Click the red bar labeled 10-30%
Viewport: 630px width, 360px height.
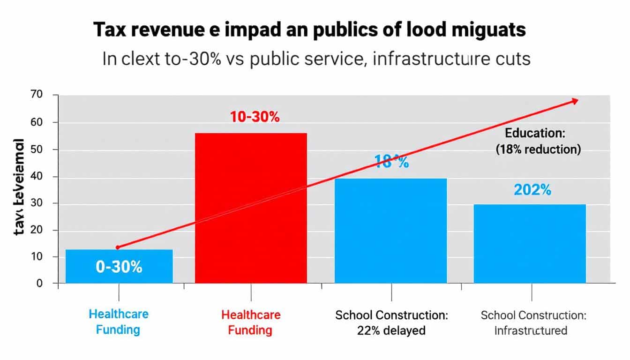click(251, 208)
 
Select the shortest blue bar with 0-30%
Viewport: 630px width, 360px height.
click(119, 266)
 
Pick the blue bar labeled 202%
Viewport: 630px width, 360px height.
click(530, 244)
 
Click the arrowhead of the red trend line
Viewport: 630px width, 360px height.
click(575, 101)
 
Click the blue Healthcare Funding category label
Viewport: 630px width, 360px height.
click(118, 322)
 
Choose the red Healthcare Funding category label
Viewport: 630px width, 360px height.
click(251, 322)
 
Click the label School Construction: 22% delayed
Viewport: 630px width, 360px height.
click(391, 322)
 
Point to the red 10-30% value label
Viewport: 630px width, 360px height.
click(255, 117)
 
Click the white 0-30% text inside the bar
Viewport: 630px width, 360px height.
click(119, 267)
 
